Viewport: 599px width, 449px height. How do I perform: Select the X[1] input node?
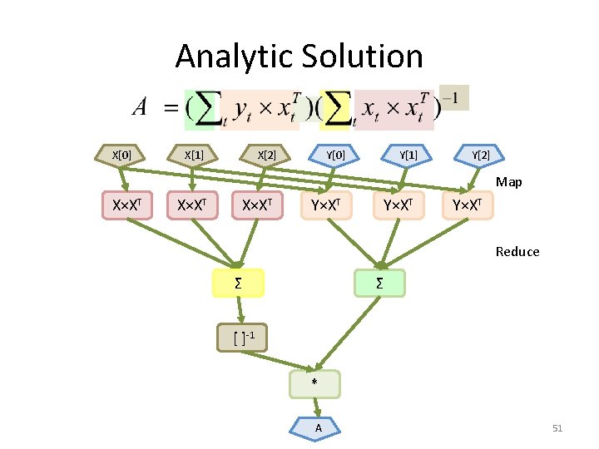193,155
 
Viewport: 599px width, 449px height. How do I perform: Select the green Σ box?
379,284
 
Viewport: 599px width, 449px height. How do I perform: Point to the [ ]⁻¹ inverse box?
242,337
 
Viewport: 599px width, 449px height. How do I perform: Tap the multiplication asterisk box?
314,383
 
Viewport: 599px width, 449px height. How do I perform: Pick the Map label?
508,182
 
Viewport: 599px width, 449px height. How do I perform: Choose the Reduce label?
517,251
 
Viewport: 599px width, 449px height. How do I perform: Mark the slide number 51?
557,428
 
